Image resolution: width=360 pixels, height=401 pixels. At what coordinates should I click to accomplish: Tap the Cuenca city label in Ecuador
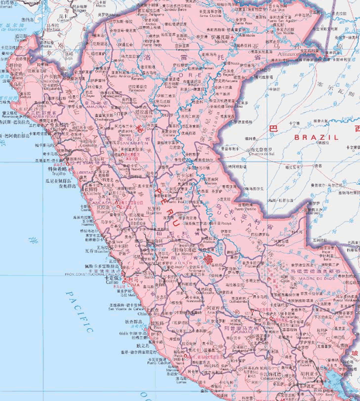[x=64, y=20]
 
